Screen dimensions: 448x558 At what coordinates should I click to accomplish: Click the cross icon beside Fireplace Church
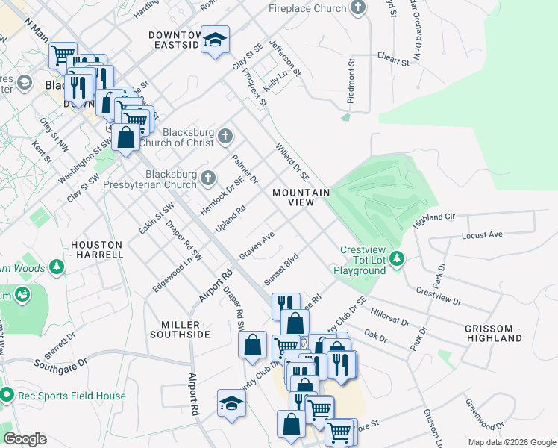click(x=359, y=8)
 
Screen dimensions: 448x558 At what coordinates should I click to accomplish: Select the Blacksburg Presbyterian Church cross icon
click(x=209, y=178)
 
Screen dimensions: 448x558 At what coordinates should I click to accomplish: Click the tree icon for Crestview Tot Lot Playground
click(x=398, y=258)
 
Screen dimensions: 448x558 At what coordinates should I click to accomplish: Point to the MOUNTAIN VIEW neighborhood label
click(x=301, y=198)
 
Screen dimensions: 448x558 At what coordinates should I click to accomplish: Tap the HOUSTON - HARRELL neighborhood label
click(x=96, y=249)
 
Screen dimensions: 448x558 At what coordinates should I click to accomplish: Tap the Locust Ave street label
click(x=482, y=234)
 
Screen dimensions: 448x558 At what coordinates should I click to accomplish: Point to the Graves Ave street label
click(x=257, y=245)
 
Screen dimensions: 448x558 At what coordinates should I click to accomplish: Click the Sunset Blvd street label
click(x=280, y=269)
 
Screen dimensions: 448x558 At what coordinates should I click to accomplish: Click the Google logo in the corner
click(x=25, y=439)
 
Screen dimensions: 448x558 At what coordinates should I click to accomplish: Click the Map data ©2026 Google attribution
click(x=511, y=442)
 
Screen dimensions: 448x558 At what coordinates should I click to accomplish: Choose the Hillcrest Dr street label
click(x=389, y=319)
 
